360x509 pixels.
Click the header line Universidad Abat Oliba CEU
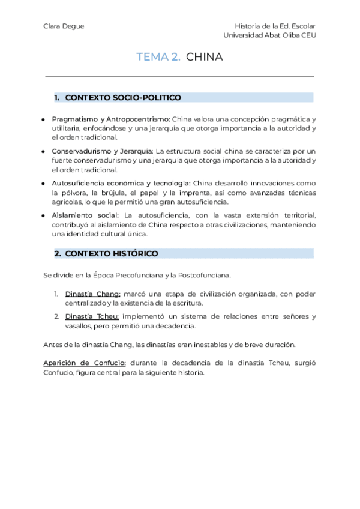[269, 35]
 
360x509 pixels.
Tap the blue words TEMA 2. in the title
[158, 57]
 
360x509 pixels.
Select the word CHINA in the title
[205, 57]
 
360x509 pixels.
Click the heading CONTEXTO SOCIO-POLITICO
[123, 97]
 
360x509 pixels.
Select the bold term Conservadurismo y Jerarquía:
[103, 151]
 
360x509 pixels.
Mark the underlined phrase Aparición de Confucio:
[85, 363]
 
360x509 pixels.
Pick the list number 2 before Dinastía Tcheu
[56, 316]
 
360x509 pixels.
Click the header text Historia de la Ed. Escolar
[276, 26]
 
